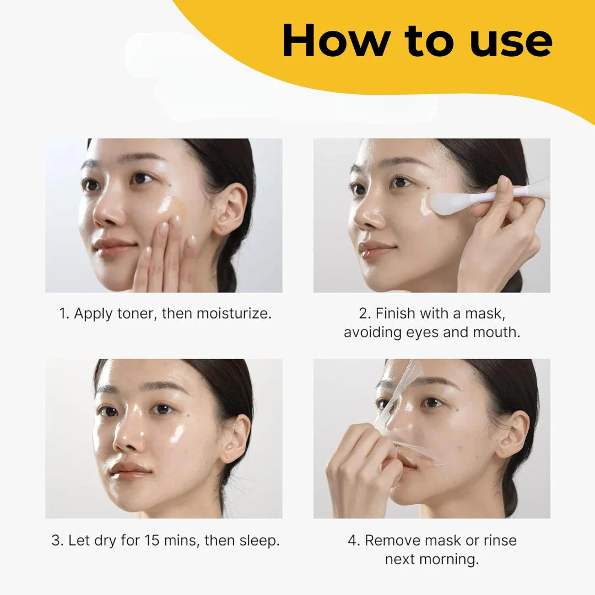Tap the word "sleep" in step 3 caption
pos(258,540)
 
